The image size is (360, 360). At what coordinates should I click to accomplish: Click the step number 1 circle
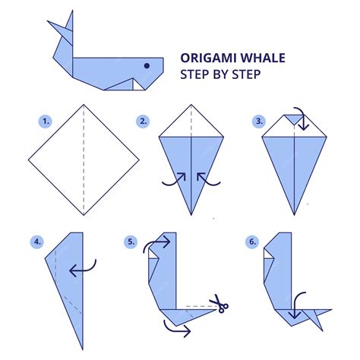point(46,121)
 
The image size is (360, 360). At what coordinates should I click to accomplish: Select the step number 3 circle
point(260,121)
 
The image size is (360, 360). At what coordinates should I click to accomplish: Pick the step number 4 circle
point(37,242)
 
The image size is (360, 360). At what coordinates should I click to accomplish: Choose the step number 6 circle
point(251,242)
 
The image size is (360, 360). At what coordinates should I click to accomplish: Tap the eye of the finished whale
point(147,67)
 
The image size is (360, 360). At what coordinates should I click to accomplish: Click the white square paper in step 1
point(84,159)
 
